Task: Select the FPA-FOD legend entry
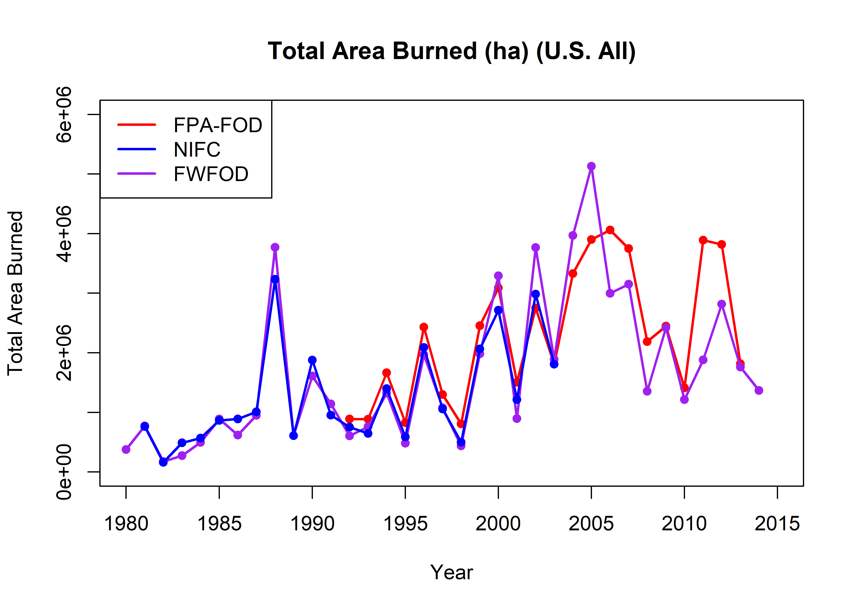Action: (x=217, y=125)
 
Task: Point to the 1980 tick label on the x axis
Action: (x=126, y=524)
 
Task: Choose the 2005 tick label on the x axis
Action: (x=591, y=524)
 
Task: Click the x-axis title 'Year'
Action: (x=451, y=572)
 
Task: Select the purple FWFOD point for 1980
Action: (x=126, y=449)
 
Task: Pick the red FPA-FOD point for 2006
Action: (x=610, y=230)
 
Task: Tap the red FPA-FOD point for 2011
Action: (x=703, y=240)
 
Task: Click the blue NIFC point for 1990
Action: (x=312, y=360)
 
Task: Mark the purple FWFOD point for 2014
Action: (x=759, y=390)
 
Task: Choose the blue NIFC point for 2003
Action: (x=554, y=364)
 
